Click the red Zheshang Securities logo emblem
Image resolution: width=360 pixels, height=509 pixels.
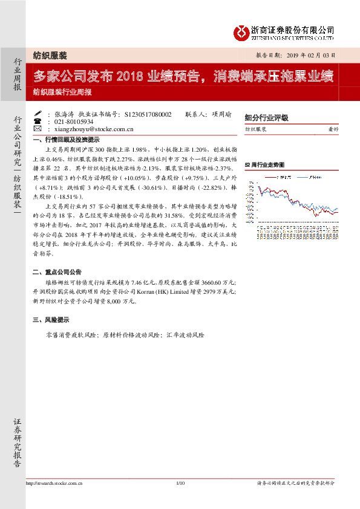click(242, 32)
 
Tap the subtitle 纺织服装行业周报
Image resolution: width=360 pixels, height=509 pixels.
click(62, 92)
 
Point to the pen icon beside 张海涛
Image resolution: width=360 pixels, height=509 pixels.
click(38, 113)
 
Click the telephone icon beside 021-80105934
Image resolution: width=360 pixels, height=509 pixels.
click(38, 121)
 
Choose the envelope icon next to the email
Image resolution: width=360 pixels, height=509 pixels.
click(38, 129)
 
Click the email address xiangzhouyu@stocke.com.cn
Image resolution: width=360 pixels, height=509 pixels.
click(93, 129)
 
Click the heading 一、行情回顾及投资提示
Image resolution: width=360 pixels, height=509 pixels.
click(67, 139)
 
